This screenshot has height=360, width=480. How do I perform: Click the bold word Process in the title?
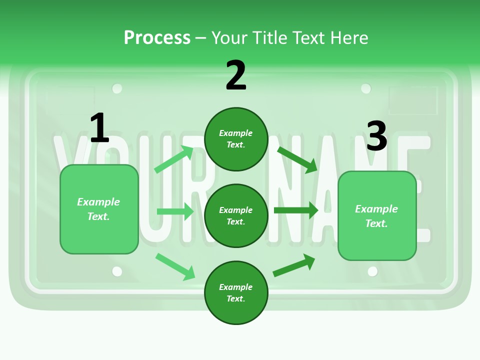(x=157, y=37)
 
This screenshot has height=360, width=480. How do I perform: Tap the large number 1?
(x=99, y=128)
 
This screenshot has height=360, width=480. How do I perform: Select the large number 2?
(x=236, y=75)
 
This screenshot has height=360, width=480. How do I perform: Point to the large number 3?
(x=376, y=136)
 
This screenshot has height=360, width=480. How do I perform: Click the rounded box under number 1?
(x=99, y=209)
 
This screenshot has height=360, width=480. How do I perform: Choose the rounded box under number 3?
(x=377, y=216)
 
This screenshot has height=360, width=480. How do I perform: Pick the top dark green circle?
(x=236, y=139)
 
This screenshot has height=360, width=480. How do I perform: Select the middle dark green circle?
(x=236, y=215)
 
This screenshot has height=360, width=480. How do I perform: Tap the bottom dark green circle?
(x=236, y=292)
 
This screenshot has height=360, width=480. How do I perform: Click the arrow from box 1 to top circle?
(x=174, y=159)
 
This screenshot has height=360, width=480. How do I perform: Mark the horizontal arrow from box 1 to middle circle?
(x=175, y=211)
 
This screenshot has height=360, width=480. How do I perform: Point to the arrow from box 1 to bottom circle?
(x=175, y=266)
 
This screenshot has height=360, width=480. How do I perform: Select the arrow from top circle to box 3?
(x=297, y=159)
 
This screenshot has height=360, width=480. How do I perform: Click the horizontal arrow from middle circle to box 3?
(x=296, y=210)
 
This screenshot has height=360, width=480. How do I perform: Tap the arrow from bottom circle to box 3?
(x=294, y=265)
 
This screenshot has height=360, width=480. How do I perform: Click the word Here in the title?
(x=350, y=37)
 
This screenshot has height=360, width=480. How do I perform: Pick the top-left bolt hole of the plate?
(x=117, y=89)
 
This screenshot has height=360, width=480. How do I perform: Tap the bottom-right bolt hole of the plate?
(x=372, y=271)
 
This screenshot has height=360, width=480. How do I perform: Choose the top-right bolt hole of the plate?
(x=366, y=89)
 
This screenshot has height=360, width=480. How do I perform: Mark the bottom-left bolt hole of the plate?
(x=117, y=271)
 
